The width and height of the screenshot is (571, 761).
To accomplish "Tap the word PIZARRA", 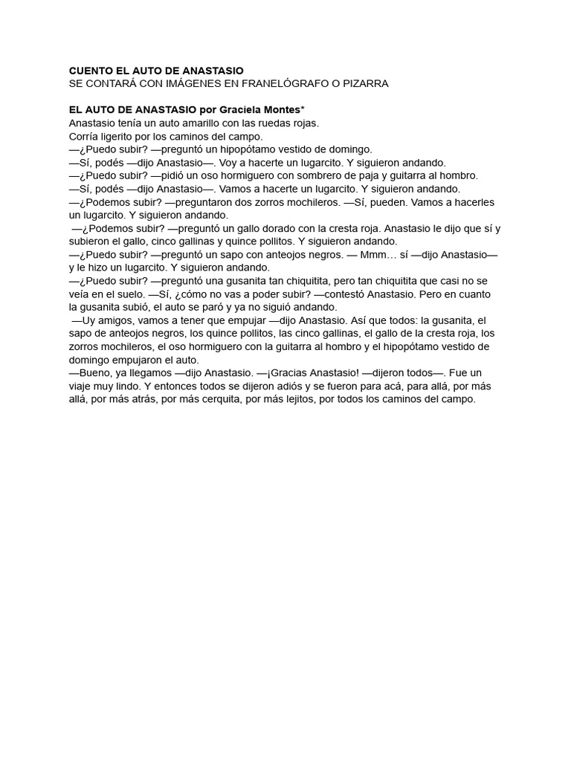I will pyautogui.click(x=364, y=84).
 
